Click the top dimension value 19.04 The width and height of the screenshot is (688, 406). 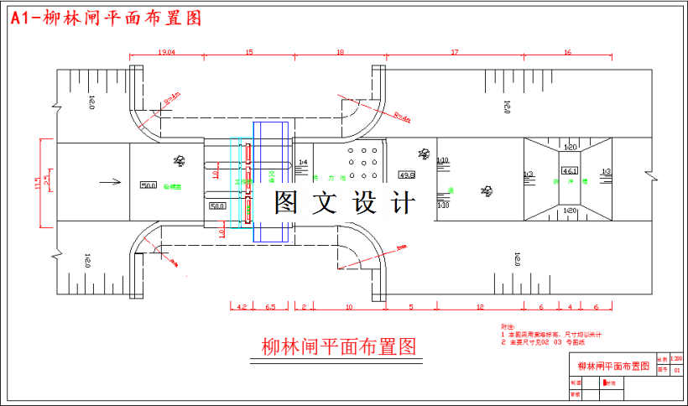click(x=166, y=52)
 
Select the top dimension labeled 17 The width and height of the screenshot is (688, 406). click(x=454, y=52)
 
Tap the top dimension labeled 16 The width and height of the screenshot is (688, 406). click(x=567, y=52)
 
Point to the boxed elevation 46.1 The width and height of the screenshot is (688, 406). click(x=570, y=171)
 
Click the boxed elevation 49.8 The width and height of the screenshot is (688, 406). click(x=407, y=175)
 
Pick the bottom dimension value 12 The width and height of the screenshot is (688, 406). click(x=480, y=306)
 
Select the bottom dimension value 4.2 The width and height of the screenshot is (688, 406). click(x=241, y=306)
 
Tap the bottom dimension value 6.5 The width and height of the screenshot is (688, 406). click(x=270, y=306)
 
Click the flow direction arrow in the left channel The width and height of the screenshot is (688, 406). click(x=105, y=179)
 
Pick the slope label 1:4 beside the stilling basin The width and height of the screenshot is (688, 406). click(x=303, y=161)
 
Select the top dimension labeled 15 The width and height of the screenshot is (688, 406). click(x=249, y=52)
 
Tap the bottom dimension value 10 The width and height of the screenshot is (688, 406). click(x=349, y=306)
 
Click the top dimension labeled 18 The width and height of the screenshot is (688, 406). click(x=340, y=52)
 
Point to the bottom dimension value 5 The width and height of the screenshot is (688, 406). click(x=411, y=306)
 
